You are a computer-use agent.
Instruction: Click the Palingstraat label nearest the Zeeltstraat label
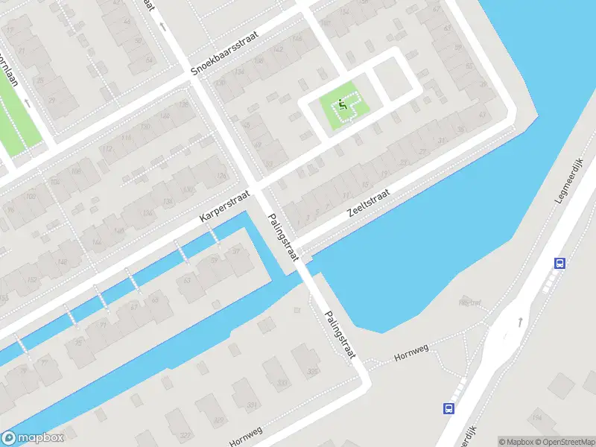pos(282,237)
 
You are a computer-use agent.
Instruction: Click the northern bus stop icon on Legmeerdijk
pos(559,262)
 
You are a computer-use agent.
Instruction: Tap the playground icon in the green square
pos(342,104)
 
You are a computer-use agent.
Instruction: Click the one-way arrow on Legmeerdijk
pos(519,323)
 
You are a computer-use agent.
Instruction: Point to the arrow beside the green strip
pos(28,103)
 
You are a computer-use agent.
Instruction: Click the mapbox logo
pos(32,438)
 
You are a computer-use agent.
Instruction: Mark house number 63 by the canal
pos(188,280)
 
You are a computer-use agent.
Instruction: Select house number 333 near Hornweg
pos(282,384)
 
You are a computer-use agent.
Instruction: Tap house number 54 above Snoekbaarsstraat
pos(148,60)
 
